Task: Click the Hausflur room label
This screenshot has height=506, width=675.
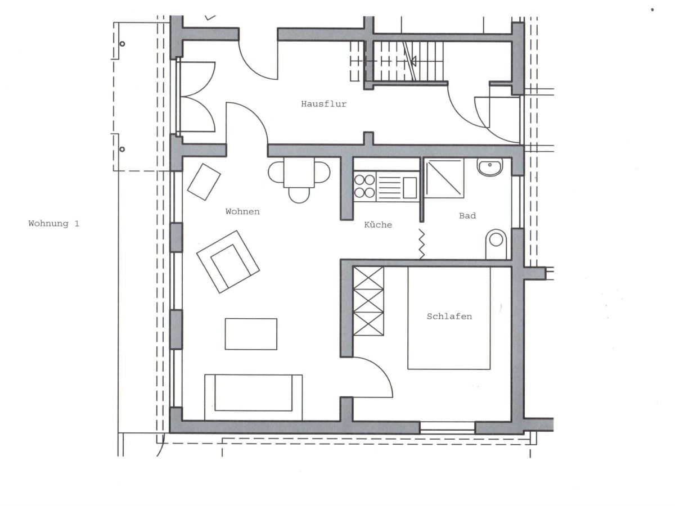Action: [323, 104]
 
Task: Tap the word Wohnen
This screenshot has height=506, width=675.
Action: [242, 211]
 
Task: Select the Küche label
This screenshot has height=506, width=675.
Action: [378, 224]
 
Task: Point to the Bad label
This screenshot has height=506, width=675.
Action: [467, 216]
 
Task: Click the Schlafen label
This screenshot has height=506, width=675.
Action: [449, 316]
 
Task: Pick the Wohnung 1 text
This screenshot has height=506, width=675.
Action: [54, 223]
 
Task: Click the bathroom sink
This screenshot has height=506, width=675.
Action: [490, 167]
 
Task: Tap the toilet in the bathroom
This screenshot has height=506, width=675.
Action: [496, 244]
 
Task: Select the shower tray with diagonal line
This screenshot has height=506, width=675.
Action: [444, 178]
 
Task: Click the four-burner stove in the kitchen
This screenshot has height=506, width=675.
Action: [364, 186]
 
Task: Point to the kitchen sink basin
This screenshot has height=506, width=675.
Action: [409, 188]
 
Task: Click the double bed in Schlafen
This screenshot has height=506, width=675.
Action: [449, 318]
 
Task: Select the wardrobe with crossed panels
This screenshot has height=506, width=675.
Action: [368, 301]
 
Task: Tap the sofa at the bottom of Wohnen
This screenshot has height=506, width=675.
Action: [253, 397]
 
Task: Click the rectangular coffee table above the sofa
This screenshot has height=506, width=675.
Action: [251, 334]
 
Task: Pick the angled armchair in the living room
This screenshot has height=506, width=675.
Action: [228, 262]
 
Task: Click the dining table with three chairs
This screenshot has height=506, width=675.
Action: [299, 180]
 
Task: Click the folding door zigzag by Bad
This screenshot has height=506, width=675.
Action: [422, 243]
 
